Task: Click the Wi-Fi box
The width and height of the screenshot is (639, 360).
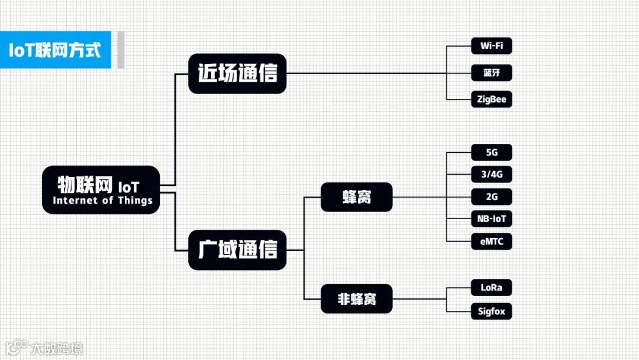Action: (491, 46)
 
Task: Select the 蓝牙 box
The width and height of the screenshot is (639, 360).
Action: (491, 73)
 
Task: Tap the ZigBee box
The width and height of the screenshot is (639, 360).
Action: (491, 99)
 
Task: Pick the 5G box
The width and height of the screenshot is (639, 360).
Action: (491, 152)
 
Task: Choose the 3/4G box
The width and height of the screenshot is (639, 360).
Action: (491, 174)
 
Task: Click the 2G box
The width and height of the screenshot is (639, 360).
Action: (491, 197)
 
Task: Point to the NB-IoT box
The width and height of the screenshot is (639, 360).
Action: (491, 218)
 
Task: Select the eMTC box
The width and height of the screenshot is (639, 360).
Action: (491, 241)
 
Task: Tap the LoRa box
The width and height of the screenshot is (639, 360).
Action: (491, 287)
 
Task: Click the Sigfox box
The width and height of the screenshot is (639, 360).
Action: (491, 311)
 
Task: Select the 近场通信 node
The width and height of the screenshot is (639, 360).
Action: (237, 73)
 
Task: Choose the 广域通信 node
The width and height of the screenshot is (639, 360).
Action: (237, 250)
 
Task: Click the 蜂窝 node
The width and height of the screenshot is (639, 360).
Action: (356, 197)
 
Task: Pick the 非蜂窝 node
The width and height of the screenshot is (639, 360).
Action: (356, 299)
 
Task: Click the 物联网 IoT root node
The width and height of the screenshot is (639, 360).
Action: (101, 189)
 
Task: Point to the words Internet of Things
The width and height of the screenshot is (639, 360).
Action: (102, 201)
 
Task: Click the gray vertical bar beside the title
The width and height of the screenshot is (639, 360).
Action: (121, 50)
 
